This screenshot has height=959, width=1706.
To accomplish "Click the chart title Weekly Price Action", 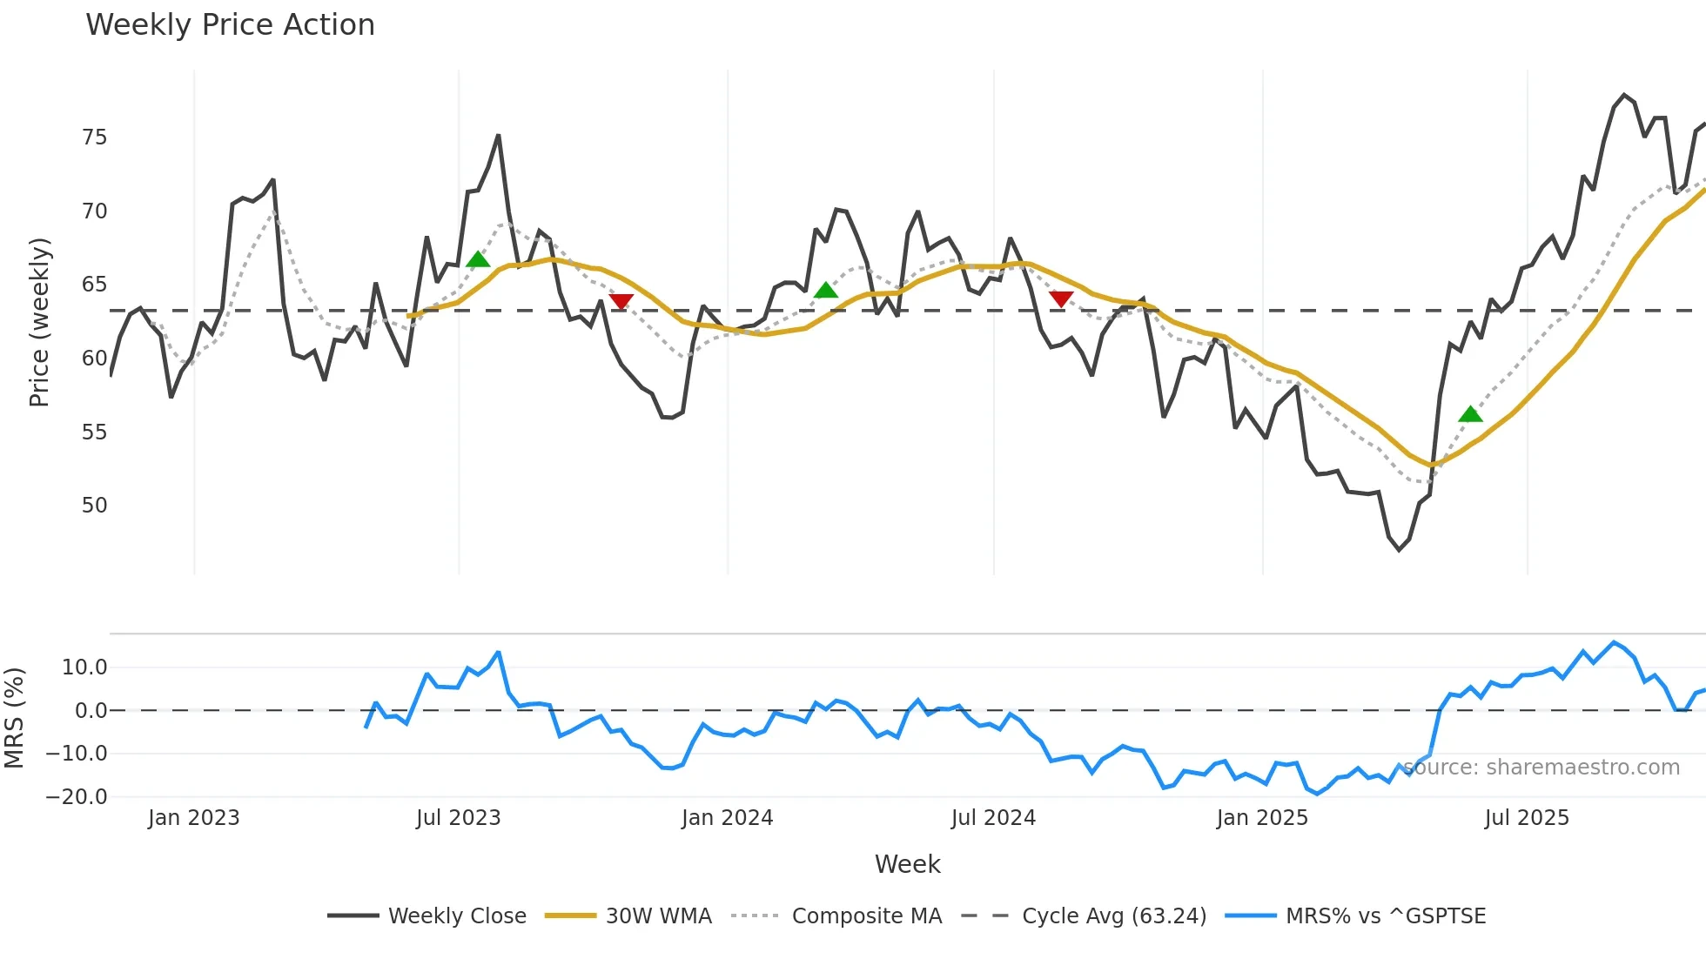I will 230,25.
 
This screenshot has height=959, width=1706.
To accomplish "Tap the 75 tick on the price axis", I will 94,137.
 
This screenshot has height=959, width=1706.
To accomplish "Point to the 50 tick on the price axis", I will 94,506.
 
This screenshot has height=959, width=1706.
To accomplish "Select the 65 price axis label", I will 94,285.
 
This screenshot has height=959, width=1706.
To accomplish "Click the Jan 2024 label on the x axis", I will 727,818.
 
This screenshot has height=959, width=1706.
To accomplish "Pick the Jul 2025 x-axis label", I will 1527,818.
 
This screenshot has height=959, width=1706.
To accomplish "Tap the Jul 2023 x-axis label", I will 458,818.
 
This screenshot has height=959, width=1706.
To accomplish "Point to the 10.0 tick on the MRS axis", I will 84,667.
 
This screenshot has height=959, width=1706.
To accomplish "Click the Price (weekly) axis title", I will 39,322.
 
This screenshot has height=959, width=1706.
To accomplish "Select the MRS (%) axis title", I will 14,718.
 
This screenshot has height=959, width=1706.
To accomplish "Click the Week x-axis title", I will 907,864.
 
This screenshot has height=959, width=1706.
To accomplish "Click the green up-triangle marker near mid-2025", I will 1470,414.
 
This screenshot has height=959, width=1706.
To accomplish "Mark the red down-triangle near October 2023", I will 621,301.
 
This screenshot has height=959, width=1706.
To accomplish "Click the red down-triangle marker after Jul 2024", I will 1060,298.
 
